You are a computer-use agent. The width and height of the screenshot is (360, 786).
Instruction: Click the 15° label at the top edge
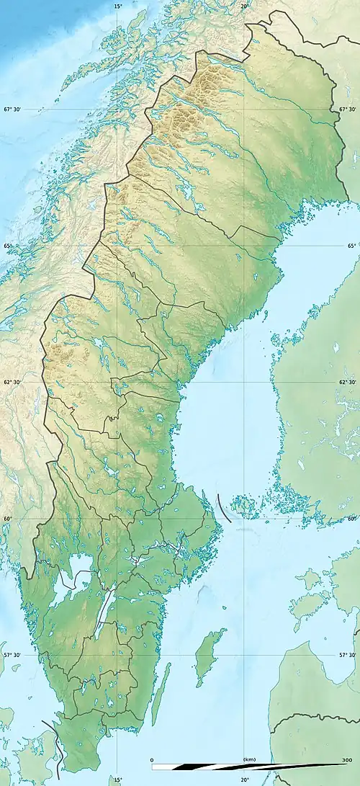118,6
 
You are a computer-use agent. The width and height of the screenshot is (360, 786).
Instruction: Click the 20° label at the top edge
245,6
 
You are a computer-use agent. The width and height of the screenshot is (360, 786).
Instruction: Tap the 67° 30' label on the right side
347,110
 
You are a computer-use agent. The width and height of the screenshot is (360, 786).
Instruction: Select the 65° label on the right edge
352,246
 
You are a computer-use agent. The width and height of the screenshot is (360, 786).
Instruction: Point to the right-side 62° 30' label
347,383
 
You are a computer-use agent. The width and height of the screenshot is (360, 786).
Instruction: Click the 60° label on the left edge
7,519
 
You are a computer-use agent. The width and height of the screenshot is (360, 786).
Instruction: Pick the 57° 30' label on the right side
347,655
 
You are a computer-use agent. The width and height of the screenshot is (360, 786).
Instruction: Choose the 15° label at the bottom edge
118,780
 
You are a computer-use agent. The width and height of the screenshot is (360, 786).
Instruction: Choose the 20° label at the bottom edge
245,780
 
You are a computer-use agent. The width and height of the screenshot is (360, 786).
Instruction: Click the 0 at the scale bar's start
153,759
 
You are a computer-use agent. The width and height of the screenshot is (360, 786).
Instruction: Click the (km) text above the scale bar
249,759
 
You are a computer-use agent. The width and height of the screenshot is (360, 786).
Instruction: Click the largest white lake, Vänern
68,576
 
